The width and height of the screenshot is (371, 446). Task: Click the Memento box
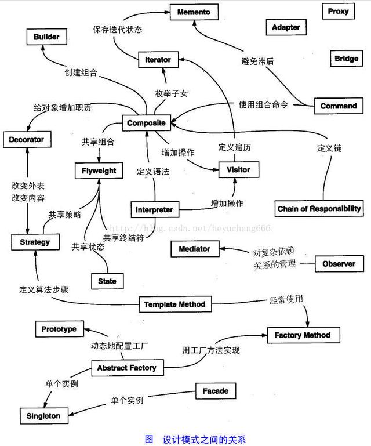click(x=194, y=12)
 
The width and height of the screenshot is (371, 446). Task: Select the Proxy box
click(x=338, y=11)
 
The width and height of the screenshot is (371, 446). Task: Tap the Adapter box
click(x=286, y=27)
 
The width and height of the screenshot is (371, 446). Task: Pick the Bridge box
click(x=346, y=59)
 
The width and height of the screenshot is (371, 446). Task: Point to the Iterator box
click(x=158, y=59)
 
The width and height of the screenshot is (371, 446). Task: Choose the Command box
click(x=339, y=106)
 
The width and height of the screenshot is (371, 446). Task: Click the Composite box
click(x=147, y=123)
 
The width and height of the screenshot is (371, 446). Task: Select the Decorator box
click(x=26, y=140)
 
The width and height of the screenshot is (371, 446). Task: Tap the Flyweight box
click(x=99, y=171)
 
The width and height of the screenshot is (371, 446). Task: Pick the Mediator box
click(x=194, y=249)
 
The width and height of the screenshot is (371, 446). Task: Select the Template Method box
click(x=174, y=304)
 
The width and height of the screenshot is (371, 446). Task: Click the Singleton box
click(x=43, y=416)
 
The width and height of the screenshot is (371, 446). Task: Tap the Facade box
click(x=215, y=391)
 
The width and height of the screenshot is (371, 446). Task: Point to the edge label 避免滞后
click(x=259, y=60)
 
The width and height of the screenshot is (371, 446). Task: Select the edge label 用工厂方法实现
click(x=211, y=350)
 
